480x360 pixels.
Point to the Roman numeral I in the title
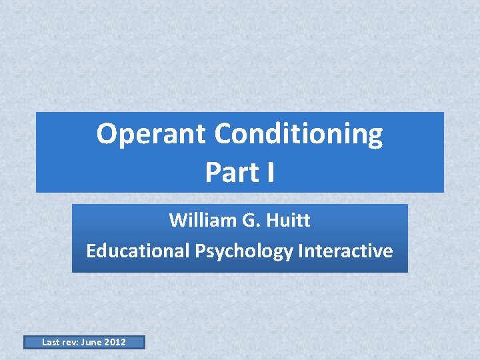coord(270,172)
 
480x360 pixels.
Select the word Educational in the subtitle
coord(138,251)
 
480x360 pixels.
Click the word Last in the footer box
coord(51,343)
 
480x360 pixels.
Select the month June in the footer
coord(94,343)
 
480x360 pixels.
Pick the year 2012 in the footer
coord(115,343)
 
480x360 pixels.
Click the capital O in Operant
coord(107,134)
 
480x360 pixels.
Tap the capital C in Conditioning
coord(225,134)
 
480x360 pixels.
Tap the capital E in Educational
coord(91,251)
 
